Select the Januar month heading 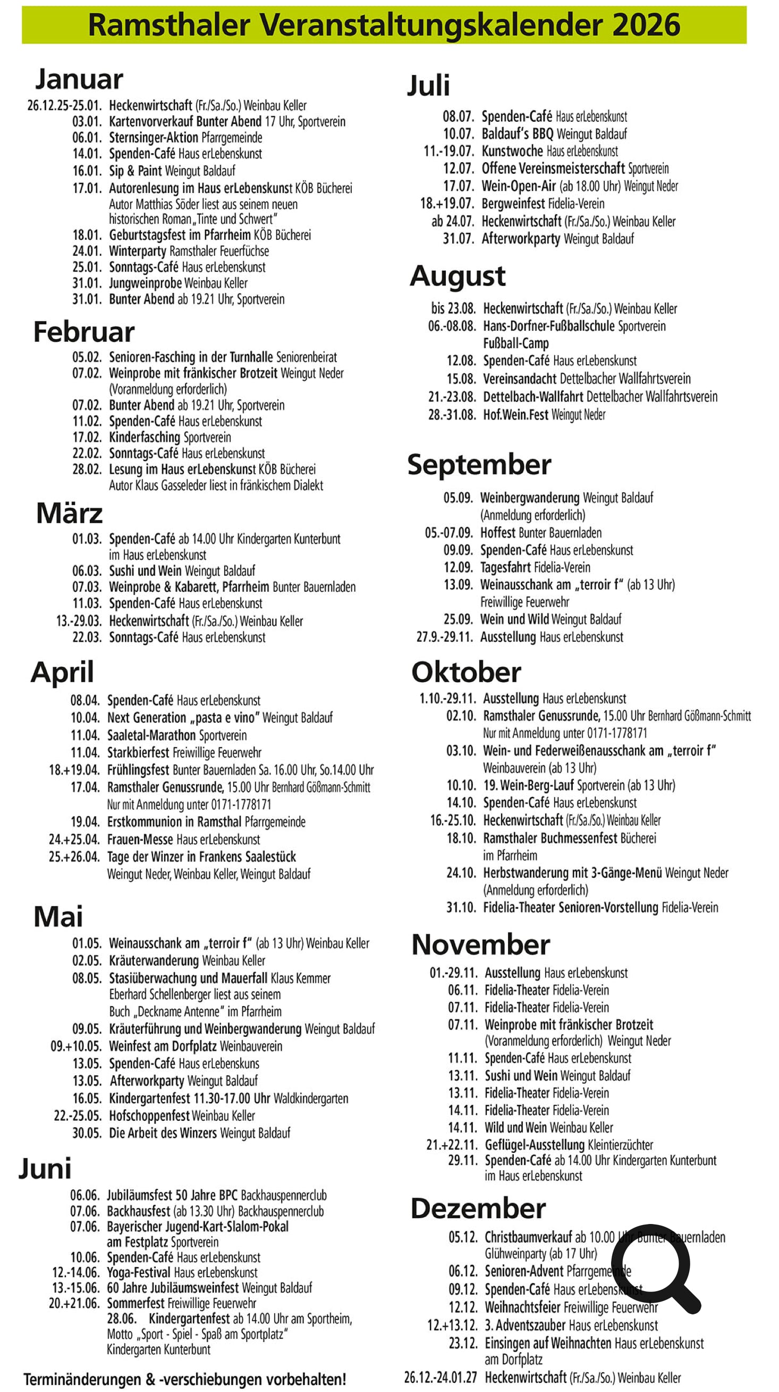pos(79,79)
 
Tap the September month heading pos(479,465)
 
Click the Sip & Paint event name pos(135,171)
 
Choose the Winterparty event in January pos(137,251)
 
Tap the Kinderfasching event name pos(144,437)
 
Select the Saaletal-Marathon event pos(151,735)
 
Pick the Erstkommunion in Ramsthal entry pos(174,822)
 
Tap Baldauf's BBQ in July pos(517,133)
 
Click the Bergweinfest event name pos(513,204)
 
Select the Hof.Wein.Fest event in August pos(515,415)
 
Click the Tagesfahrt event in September pos(505,567)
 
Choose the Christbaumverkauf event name pos(528,1237)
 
